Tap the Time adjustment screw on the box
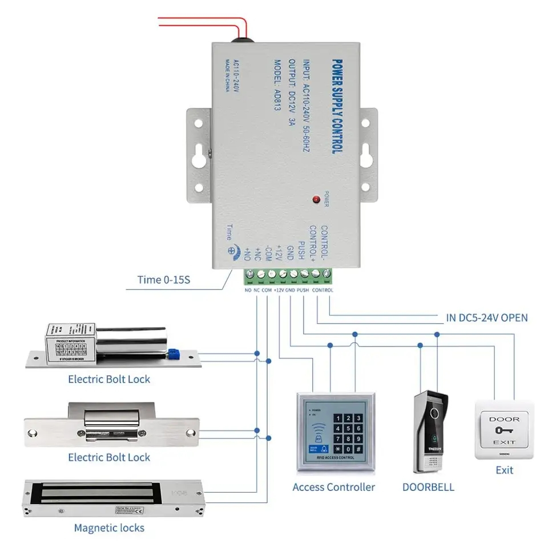[231, 249]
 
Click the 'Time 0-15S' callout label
[164, 280]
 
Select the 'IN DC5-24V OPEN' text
[486, 317]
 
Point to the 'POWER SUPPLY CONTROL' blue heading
[337, 105]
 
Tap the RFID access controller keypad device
[336, 432]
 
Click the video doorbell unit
[430, 433]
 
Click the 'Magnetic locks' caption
[109, 527]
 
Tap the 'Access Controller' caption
[333, 487]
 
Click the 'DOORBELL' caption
[428, 487]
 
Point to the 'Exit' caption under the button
[504, 470]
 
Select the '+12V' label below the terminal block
[279, 290]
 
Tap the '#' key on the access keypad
[358, 449]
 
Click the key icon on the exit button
[504, 430]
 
